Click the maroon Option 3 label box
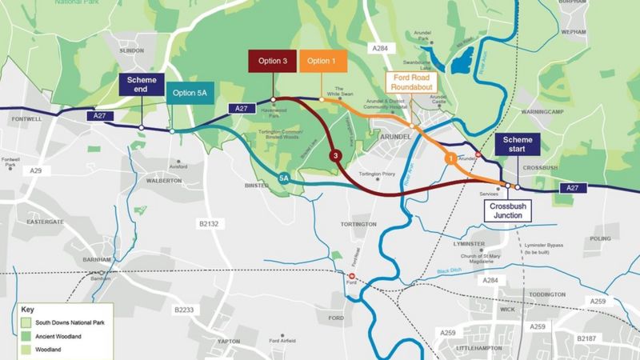pos(273,62)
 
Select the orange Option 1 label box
pos(322,62)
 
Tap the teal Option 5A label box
pos(190,93)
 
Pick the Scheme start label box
pos(517,144)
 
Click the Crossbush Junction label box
pos(510,210)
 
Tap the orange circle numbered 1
pos(451,159)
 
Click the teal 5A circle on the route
pos(284,178)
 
